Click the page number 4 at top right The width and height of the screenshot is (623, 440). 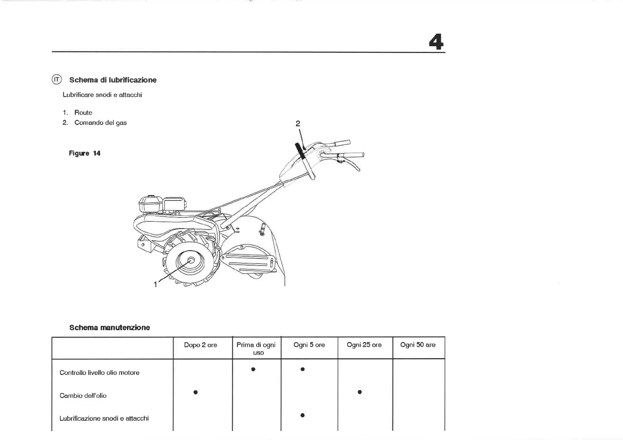436,42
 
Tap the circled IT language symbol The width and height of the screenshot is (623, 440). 57,79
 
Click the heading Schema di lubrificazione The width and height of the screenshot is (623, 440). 113,80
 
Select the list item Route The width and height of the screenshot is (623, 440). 83,112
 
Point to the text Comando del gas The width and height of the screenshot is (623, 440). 100,123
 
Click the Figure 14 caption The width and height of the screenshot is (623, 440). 84,153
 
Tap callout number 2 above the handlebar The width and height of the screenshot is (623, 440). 298,123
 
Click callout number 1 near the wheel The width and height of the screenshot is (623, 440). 155,284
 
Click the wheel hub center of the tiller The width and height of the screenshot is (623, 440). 191,260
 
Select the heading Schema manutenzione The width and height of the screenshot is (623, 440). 110,328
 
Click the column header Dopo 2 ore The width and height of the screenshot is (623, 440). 200,345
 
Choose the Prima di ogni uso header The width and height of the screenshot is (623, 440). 256,348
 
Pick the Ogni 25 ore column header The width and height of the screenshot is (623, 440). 364,345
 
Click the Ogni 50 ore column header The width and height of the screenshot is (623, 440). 418,345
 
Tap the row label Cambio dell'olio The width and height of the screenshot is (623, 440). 83,396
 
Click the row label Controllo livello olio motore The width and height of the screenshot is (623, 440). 99,373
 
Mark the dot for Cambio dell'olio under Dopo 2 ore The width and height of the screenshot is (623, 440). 195,392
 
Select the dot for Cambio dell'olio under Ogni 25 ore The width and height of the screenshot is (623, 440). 359,392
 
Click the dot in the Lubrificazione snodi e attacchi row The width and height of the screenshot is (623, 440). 302,415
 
